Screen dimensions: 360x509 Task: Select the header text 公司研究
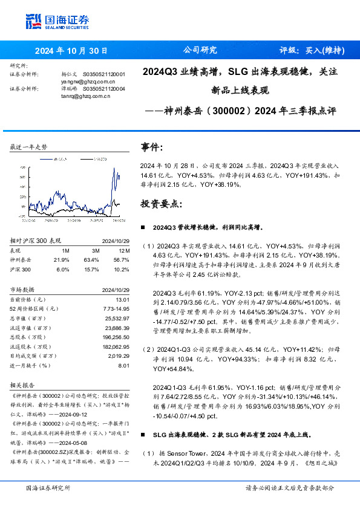pos(200,50)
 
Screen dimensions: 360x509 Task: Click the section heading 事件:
pos(152,147)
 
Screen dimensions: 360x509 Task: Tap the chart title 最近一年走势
pos(28,148)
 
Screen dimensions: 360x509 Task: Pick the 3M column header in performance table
pos(96,250)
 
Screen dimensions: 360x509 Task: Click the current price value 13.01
pos(122,299)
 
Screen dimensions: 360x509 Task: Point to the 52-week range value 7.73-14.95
pos(116,308)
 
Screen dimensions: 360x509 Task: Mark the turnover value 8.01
pos(125,365)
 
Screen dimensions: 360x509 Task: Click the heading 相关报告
pos(24,385)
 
